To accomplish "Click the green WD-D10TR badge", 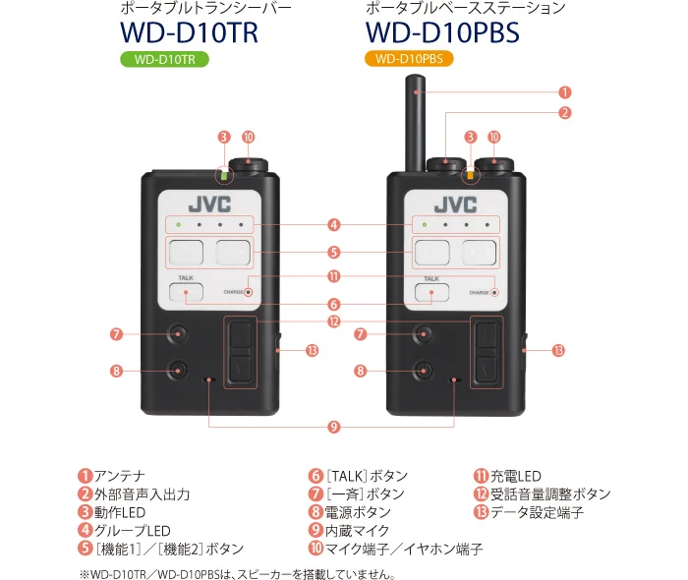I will coord(165,60).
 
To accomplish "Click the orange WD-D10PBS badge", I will coord(409,60).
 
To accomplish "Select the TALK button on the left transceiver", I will coord(186,292).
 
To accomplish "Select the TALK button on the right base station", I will coord(431,292).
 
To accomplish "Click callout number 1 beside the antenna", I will coord(564,92).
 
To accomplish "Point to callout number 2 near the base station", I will coord(564,113).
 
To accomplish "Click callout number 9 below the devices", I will coord(333,427).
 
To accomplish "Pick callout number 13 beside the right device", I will coord(558,351).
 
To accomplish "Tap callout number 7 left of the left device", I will coord(116,334).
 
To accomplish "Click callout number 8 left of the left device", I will coord(116,371).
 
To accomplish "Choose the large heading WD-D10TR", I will coord(189,31).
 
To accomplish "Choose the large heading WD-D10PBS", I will coord(441,31).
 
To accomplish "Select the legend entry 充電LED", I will coord(516,477).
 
